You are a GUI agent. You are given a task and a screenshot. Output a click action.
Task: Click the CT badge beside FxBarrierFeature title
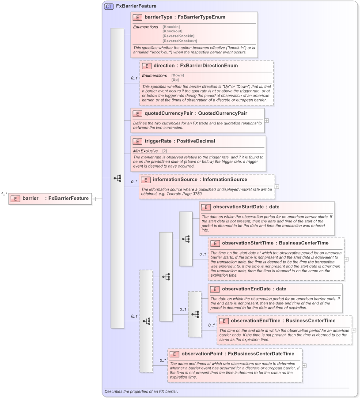pos(108,7)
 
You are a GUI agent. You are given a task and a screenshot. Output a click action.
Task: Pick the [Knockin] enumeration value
pos(171,27)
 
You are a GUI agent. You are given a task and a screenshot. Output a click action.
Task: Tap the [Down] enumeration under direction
pos(178,75)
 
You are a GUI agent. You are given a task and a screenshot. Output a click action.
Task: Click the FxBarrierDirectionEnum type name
pos(209,65)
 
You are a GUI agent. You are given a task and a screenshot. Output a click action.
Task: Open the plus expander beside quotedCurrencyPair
pos(266,120)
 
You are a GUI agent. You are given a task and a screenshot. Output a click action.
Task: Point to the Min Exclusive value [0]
pos(164,151)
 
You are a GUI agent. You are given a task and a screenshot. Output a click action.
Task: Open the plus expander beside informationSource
pos(277,187)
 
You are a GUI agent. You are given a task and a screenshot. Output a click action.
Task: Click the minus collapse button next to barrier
pos(94,199)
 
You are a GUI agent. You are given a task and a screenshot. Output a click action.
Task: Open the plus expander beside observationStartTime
pos(346,259)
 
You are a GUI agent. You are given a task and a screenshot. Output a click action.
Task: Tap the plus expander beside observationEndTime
pos(354,330)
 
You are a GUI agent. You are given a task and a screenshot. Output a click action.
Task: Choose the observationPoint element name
pos(201,354)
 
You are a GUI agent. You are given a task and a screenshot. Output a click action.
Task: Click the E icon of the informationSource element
pos(146,180)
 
